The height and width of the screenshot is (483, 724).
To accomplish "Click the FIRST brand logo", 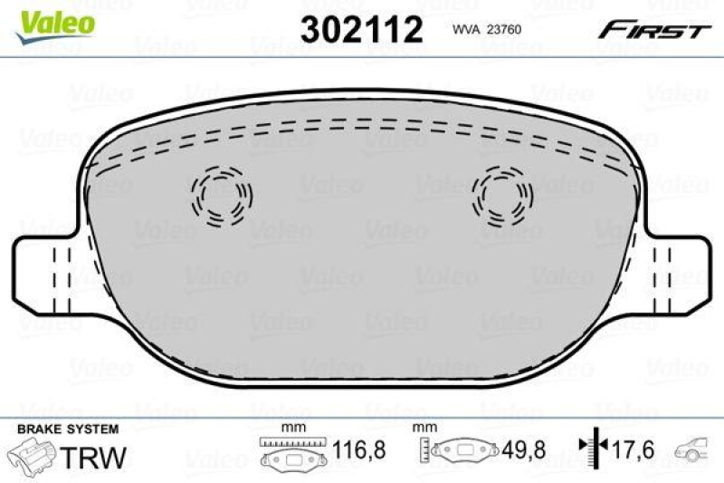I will (651, 31).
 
